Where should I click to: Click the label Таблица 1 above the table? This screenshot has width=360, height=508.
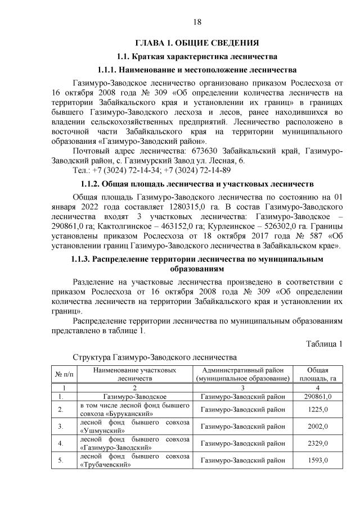pyautogui.click(x=324, y=344)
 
